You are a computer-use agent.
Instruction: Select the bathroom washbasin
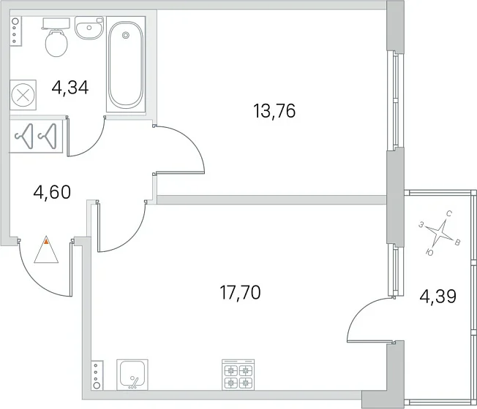89,28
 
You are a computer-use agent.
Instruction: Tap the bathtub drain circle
125,35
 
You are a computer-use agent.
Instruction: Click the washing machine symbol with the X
23,95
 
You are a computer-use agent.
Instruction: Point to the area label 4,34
70,88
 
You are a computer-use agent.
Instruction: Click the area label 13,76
274,111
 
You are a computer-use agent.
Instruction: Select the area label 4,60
52,192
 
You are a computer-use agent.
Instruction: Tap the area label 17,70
240,293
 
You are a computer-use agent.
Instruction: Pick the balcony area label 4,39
437,297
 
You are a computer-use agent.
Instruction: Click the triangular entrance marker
46,250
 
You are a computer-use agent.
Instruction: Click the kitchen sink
132,375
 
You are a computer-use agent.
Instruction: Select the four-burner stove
238,375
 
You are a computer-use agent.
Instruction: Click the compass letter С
448,213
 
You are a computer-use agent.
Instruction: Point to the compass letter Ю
430,252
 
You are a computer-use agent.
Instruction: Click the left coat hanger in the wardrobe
24,137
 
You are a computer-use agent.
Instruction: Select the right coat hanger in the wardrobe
47,137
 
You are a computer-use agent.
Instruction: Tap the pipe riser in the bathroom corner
15,31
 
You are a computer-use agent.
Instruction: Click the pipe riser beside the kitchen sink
97,375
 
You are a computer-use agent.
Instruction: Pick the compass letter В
457,242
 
